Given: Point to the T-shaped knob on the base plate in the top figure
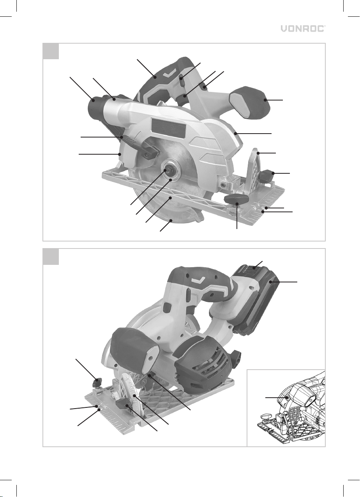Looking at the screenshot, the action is tap(235, 200).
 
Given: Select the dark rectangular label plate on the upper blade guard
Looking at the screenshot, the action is tap(168, 128).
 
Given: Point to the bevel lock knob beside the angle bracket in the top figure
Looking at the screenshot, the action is tap(266, 175).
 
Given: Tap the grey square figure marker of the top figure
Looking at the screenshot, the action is tap(51, 51).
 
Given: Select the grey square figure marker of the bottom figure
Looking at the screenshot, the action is tap(51, 257).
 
